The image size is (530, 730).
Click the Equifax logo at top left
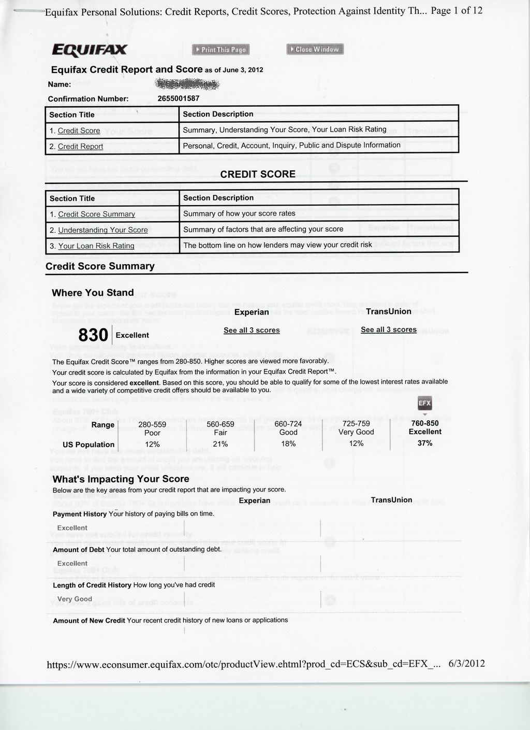pos(90,50)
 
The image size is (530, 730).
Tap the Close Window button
pos(315,49)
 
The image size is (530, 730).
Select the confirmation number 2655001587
pos(179,98)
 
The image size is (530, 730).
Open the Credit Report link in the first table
pos(80,147)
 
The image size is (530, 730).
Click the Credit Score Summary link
pos(96,214)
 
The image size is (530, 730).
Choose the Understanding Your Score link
pos(102,230)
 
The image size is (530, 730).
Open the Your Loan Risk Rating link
pos(96,246)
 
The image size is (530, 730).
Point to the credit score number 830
pos(93,335)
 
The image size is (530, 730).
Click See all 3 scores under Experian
pos(252,330)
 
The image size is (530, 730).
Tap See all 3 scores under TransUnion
pos(389,330)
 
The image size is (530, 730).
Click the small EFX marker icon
pos(424,404)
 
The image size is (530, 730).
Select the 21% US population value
pos(220,444)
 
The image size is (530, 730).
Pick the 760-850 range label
pos(425,423)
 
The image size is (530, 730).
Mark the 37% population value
pos(425,443)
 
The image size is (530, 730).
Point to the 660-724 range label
pos(288,424)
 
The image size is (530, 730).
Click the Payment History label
pos(80,514)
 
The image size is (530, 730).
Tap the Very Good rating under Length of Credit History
pos(75,599)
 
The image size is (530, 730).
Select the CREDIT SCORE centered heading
pos(258,174)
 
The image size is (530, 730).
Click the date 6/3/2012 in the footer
pos(467,664)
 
